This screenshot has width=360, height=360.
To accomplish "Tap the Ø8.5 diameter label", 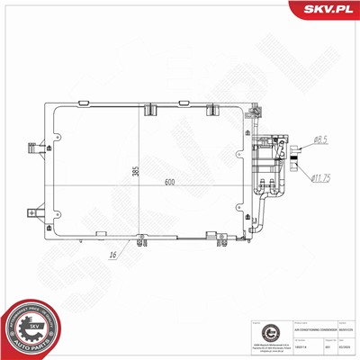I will (320, 139).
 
